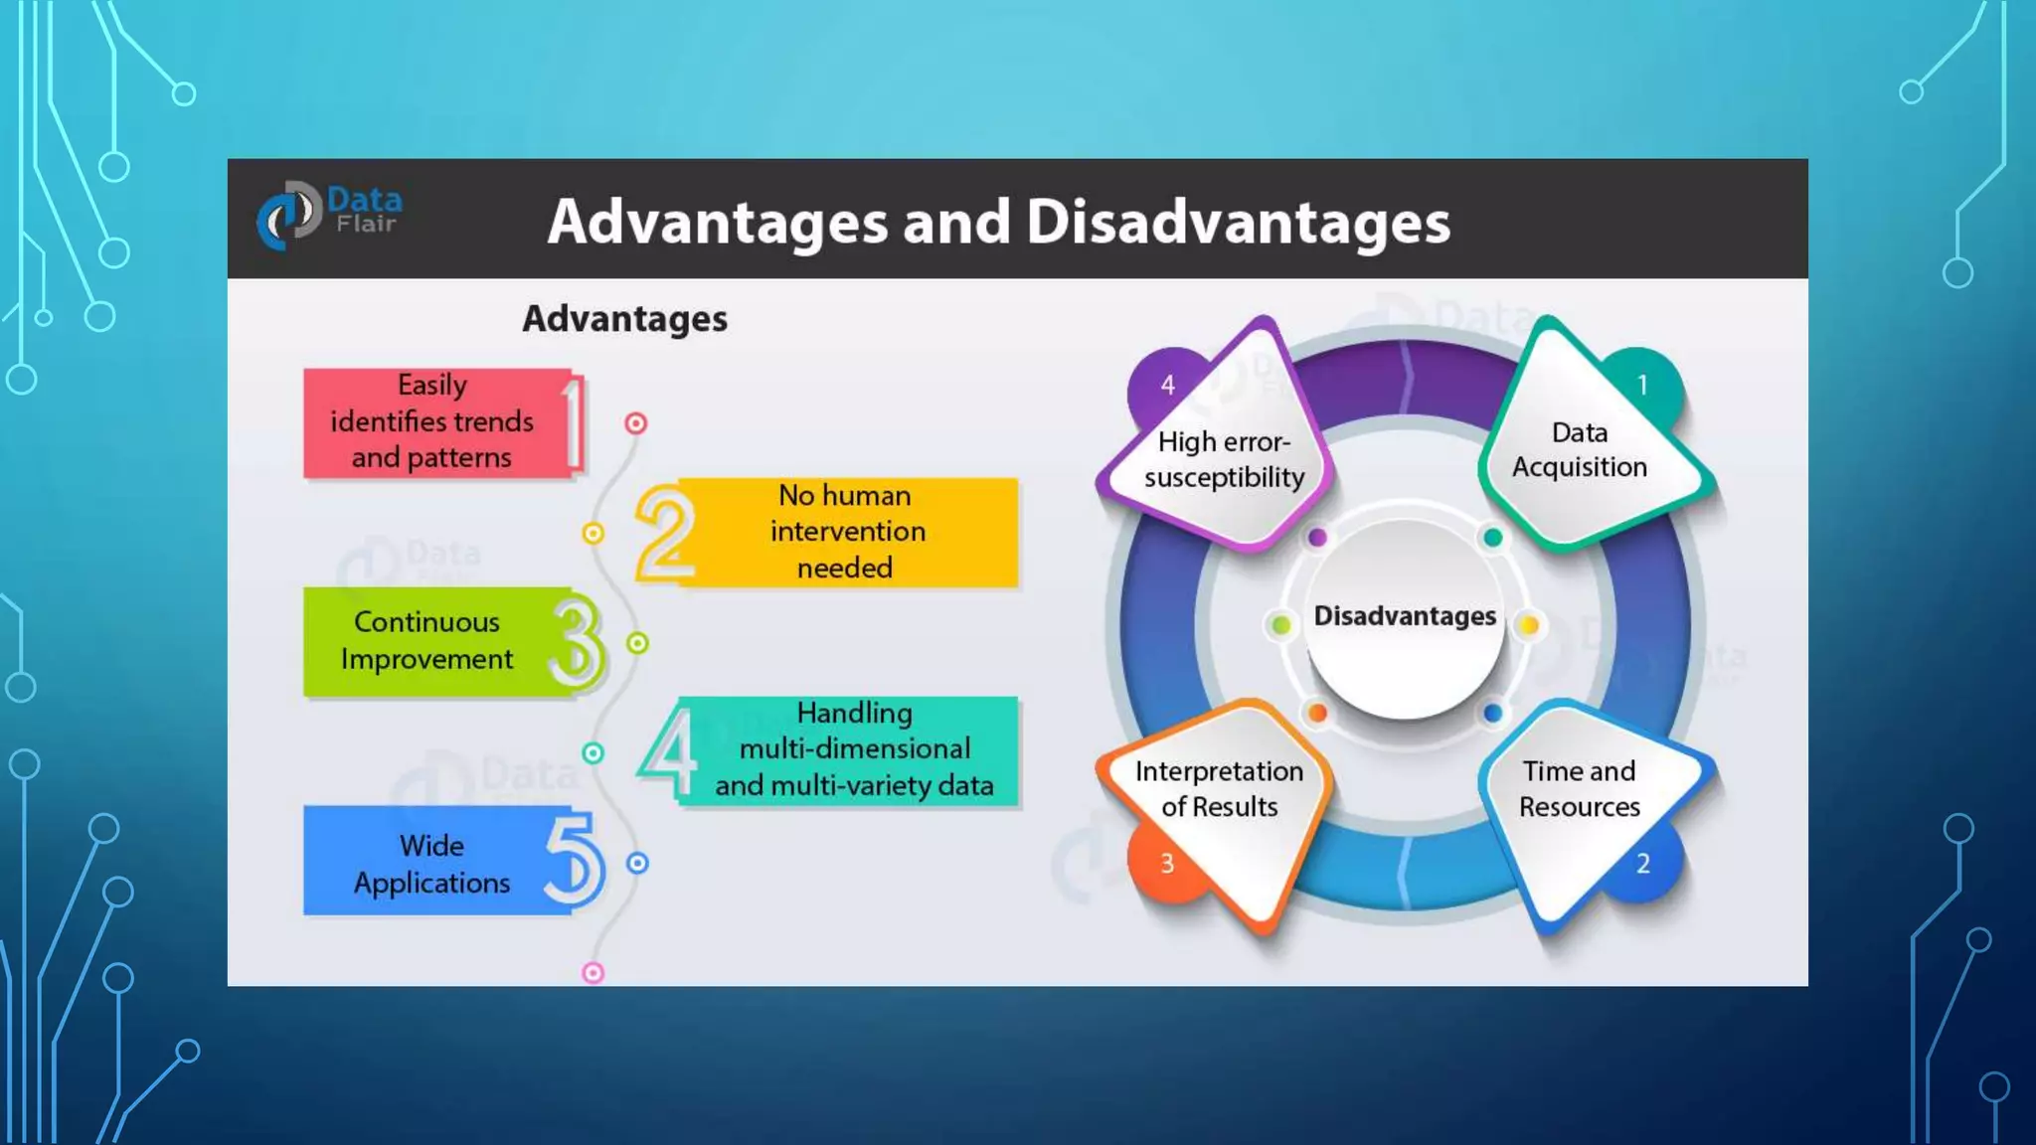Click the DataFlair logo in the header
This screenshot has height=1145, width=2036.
coord(329,215)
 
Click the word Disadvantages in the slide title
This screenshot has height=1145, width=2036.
coord(1238,222)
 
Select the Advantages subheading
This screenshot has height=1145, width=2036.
coord(624,319)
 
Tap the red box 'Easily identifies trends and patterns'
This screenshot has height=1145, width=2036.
coord(433,421)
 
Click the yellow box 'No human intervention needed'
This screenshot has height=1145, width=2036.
coord(847,532)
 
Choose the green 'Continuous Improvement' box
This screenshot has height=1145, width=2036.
coord(427,641)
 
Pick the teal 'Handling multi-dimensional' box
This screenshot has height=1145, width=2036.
coord(853,749)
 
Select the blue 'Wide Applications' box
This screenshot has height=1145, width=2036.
coord(432,863)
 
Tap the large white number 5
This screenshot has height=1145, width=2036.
coord(574,860)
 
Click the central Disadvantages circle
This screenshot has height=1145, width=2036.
coord(1404,617)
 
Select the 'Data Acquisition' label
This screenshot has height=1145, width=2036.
coord(1579,449)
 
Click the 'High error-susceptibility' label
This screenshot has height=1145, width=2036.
coord(1224,459)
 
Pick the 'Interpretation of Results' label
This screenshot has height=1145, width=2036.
coord(1219,788)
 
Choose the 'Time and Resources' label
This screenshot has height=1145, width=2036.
coord(1579,788)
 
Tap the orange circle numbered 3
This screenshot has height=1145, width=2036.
coord(1167,864)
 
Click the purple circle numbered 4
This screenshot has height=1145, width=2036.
coord(1167,385)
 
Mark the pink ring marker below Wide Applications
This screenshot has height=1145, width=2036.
coord(593,973)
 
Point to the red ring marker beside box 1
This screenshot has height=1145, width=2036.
coord(636,423)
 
